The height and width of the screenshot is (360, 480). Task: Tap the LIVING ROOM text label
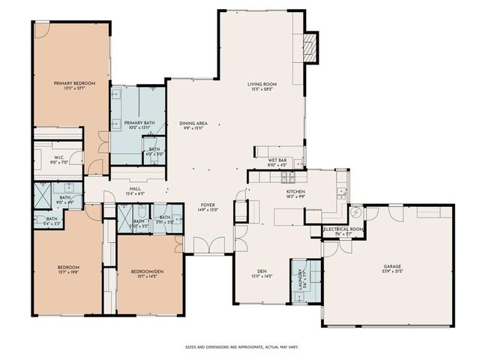262,84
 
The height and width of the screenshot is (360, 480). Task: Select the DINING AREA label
193,122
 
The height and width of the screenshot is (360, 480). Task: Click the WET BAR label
278,160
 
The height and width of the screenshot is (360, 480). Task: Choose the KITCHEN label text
294,192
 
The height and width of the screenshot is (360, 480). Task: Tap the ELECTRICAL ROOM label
343,229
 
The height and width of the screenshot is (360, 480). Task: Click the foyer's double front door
207,245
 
